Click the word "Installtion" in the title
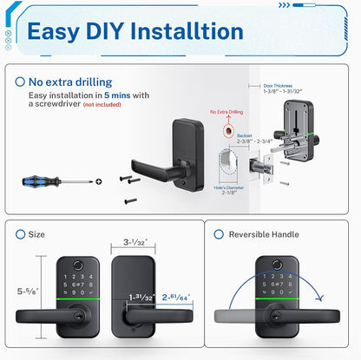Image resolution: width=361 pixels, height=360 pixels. (x=187, y=31)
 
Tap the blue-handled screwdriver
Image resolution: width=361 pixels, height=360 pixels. (x=57, y=181)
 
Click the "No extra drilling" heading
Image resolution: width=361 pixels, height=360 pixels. (x=70, y=82)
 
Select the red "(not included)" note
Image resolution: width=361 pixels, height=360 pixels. (x=102, y=104)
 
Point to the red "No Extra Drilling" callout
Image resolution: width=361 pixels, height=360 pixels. (x=226, y=112)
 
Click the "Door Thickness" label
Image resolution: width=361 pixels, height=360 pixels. (x=278, y=86)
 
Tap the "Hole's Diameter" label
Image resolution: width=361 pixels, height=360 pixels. (x=229, y=187)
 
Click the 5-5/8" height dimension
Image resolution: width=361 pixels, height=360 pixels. (x=28, y=291)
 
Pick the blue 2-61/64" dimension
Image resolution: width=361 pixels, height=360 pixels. (x=176, y=297)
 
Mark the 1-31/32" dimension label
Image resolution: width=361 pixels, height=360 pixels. (x=141, y=297)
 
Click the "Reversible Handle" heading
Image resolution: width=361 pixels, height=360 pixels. (x=264, y=234)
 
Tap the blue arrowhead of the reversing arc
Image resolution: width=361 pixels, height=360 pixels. (x=319, y=298)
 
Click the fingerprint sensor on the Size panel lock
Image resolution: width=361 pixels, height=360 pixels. (x=77, y=265)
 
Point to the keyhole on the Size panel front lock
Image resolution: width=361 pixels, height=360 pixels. (x=78, y=316)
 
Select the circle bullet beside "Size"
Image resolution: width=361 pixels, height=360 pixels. (x=20, y=234)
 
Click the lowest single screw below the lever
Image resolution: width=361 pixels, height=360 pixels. (x=131, y=200)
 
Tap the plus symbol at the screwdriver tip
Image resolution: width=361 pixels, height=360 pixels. (x=99, y=181)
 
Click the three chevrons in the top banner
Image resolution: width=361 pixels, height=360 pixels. (x=284, y=5)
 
